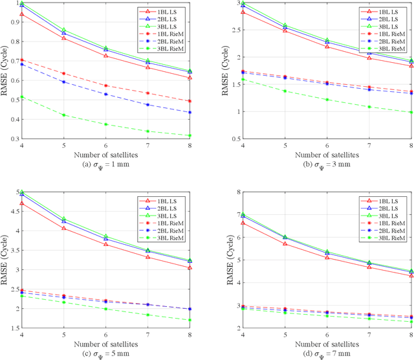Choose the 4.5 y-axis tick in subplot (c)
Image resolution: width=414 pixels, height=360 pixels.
(x=14, y=211)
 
